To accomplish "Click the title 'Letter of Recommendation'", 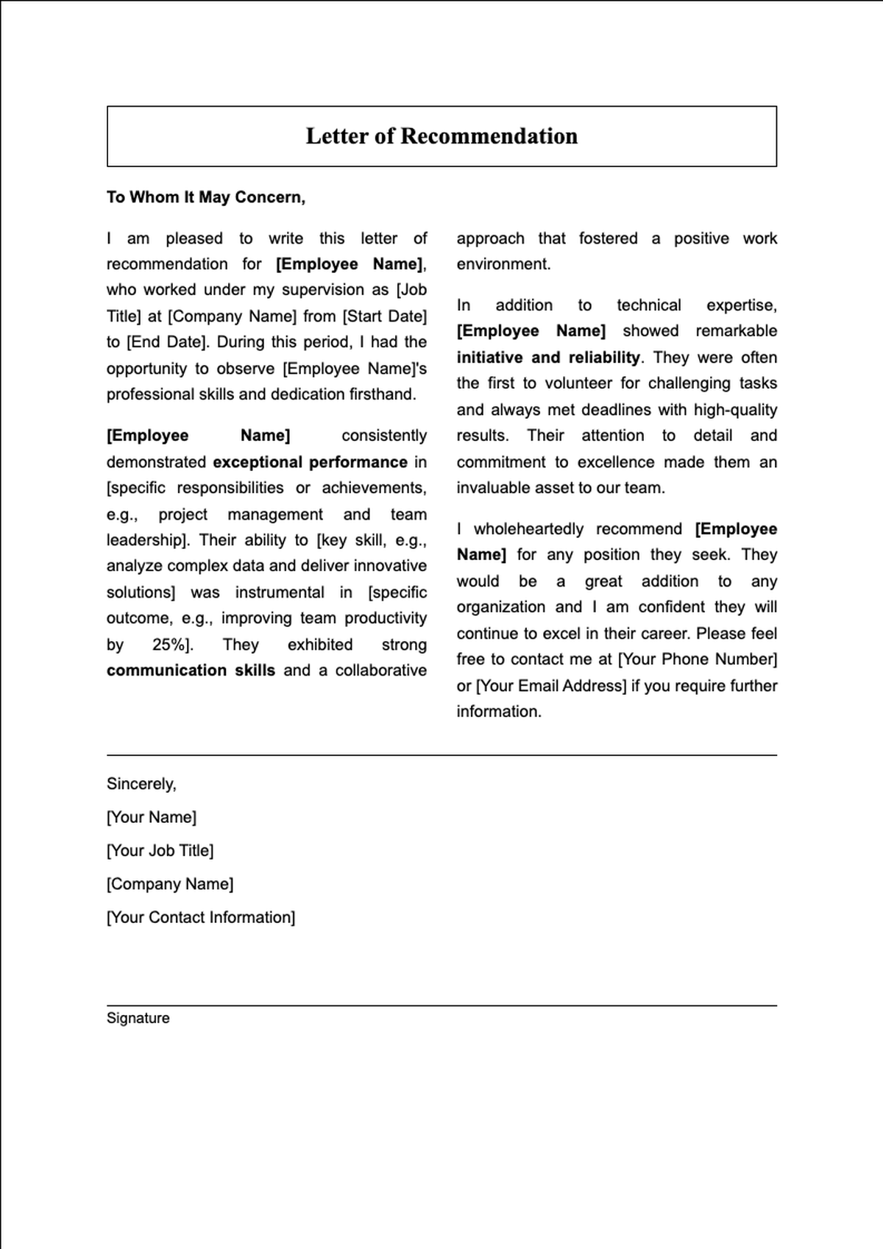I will [441, 136].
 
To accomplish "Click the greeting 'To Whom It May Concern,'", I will [205, 197].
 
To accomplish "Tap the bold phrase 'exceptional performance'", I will [310, 462].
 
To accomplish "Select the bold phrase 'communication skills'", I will [191, 671].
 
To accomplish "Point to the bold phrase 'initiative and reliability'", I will [548, 358].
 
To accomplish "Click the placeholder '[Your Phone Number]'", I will [697, 659].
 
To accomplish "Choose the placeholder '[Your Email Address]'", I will [551, 686].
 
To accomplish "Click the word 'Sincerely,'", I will [141, 784].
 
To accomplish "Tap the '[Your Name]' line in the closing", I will [151, 817].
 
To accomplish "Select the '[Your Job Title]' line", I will [160, 851].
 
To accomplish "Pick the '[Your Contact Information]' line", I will [200, 918].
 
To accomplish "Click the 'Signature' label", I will [138, 1019].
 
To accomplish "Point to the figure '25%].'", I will [172, 645].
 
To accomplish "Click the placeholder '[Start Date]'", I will [384, 316].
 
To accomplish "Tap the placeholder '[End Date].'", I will [168, 342].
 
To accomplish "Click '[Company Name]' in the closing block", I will [169, 884].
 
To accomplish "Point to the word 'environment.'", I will [503, 264].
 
